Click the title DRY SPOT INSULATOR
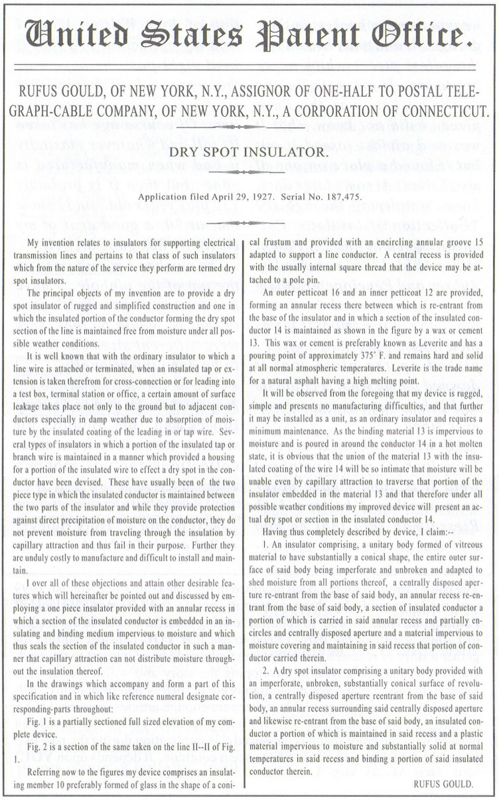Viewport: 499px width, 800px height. [x=249, y=152]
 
